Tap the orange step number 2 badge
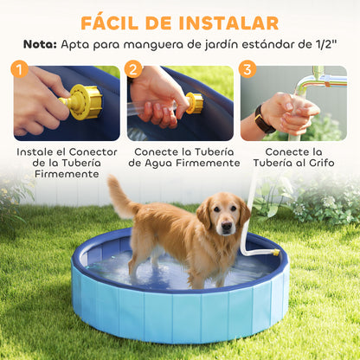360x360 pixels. point(133,68)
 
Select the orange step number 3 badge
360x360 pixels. point(247,68)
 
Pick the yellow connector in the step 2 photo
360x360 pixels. point(195,103)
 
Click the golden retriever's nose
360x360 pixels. point(226,228)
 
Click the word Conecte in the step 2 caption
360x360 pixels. point(159,150)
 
